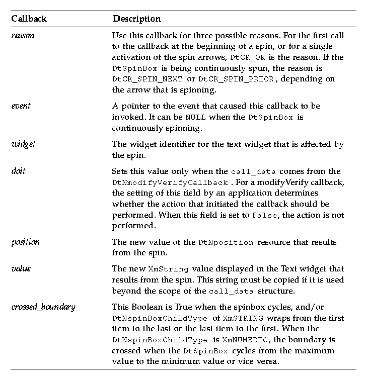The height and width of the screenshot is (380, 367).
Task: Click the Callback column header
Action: point(29,19)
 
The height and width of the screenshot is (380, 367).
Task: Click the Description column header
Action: point(137,19)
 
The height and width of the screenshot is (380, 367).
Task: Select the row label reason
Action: point(23,37)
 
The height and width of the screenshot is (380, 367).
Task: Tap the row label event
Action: point(21,106)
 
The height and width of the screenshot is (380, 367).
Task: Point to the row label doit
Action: point(18,171)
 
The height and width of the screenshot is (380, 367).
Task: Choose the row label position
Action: point(25,242)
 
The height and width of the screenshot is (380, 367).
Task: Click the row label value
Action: point(21,268)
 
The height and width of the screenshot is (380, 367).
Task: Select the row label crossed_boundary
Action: point(43,307)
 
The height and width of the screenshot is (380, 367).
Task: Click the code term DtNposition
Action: point(226,243)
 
